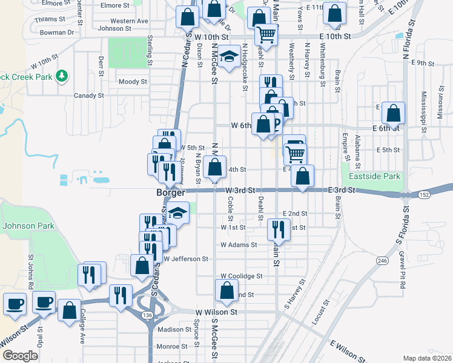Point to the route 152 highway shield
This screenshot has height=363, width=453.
coord(423,194)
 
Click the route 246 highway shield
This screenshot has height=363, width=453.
coord(382,260)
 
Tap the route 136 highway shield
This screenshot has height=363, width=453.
coord(147,315)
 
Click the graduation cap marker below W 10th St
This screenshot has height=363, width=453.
coord(228,57)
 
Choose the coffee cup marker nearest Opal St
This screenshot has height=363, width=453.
coord(44,302)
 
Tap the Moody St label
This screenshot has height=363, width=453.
coord(133,82)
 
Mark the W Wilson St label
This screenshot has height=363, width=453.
coord(215,312)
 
